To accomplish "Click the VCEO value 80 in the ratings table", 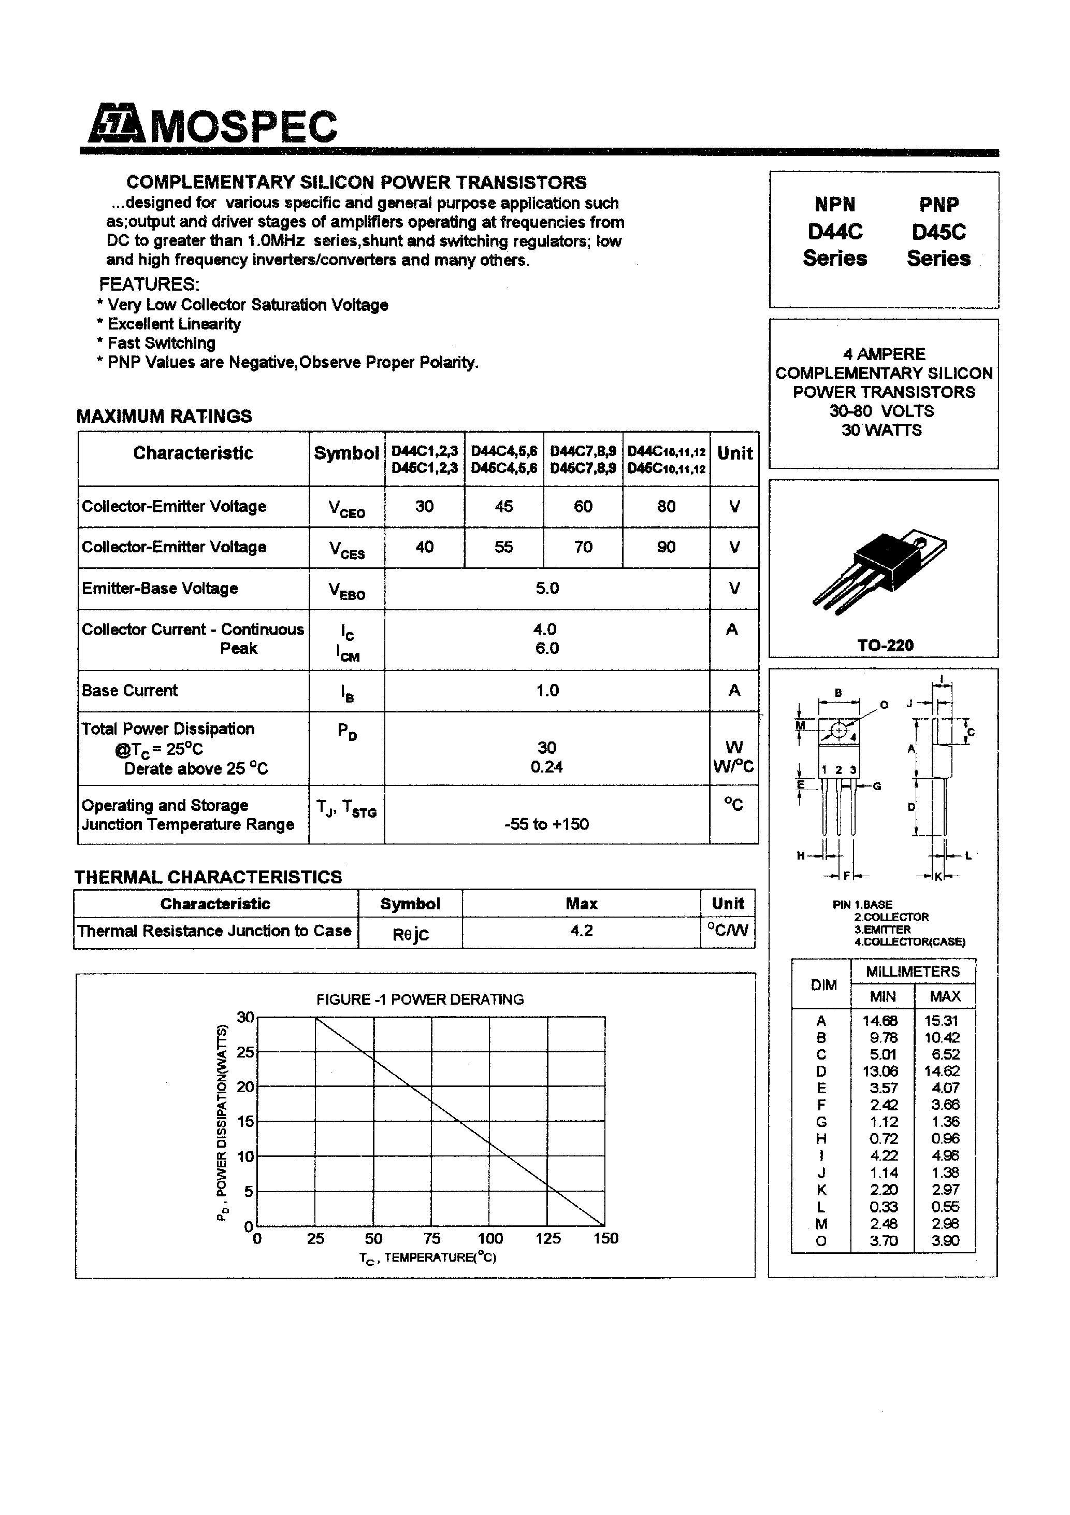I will [x=666, y=506].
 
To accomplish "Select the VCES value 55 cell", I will [x=503, y=547].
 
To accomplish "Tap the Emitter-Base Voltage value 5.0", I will [x=547, y=588].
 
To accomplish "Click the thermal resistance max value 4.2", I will [x=581, y=931].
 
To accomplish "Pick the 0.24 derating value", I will [x=546, y=767].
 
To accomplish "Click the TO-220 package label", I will [x=885, y=646].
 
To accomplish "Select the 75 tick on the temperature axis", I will [x=432, y=1238].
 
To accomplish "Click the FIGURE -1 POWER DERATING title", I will [x=420, y=999].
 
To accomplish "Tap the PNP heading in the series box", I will [x=939, y=205].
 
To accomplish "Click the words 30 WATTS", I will [x=881, y=430].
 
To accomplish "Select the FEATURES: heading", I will [x=149, y=284].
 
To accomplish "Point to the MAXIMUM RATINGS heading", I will [x=164, y=417].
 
